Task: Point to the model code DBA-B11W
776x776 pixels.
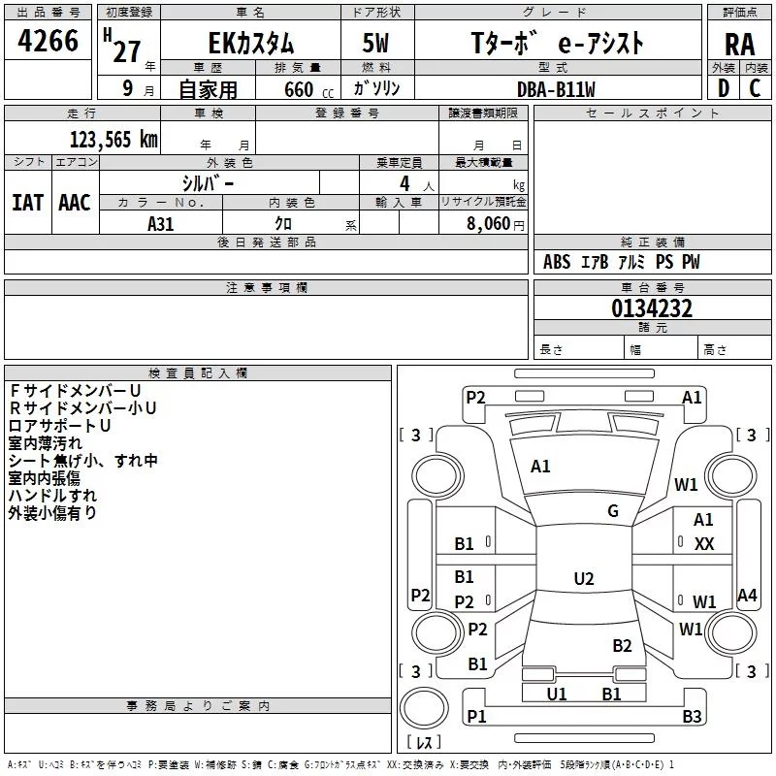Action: point(556,88)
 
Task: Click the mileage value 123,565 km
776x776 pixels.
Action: point(113,140)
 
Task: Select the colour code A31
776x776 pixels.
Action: point(161,224)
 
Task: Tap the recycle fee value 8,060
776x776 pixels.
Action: point(489,224)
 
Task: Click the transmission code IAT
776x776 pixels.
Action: point(28,203)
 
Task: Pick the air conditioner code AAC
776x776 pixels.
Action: point(75,203)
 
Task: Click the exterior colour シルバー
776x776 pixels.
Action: point(208,182)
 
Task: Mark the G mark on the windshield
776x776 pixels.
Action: point(613,511)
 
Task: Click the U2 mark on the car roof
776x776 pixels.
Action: point(583,578)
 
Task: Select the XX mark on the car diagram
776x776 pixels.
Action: point(704,544)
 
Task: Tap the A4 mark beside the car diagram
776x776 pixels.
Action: point(747,596)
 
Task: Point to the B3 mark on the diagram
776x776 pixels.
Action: point(692,717)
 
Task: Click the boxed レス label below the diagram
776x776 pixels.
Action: point(424,743)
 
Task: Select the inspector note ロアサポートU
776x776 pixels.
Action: point(59,426)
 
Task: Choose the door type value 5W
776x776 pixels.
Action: point(377,44)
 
